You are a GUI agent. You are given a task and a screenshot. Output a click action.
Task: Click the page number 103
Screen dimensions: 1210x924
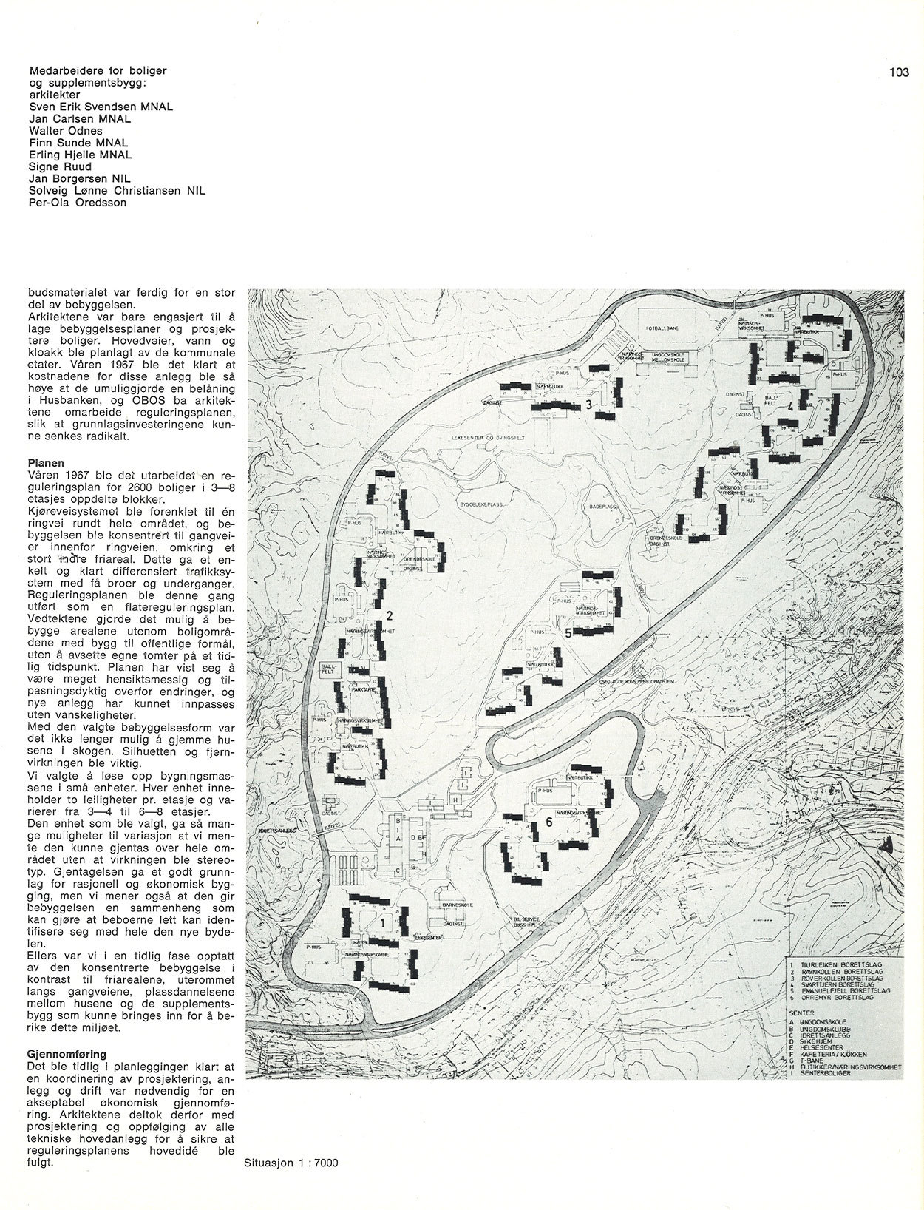coord(899,72)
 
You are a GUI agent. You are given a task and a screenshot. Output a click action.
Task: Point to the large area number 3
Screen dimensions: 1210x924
coord(588,405)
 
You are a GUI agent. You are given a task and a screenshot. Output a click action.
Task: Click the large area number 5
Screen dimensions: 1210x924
coord(568,633)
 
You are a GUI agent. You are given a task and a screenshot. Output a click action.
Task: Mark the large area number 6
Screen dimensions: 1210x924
coord(549,822)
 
